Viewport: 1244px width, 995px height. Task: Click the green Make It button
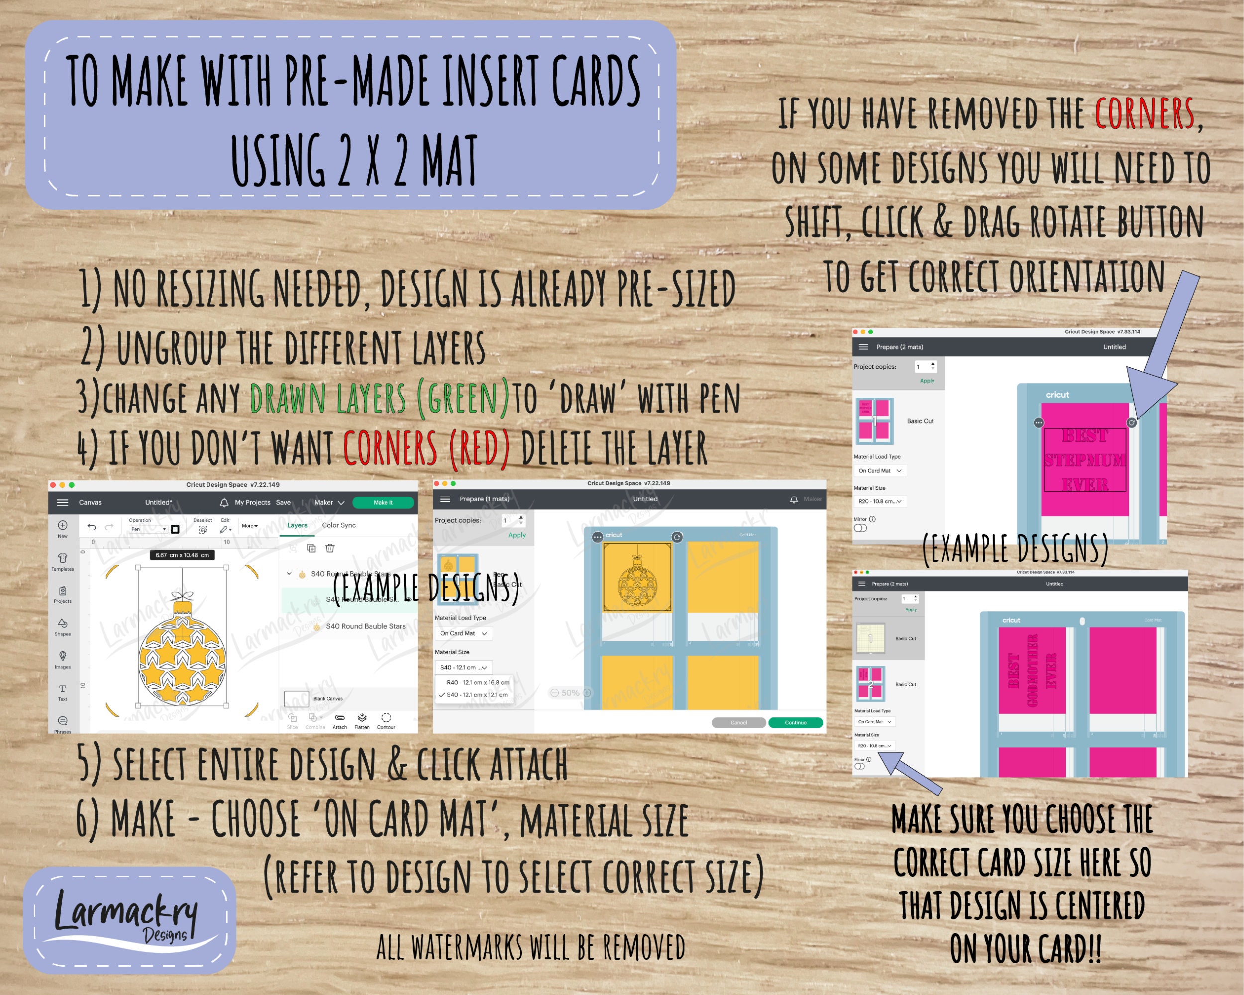(x=383, y=502)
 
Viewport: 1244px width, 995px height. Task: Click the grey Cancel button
(x=738, y=723)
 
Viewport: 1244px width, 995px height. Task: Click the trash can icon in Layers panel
(x=330, y=548)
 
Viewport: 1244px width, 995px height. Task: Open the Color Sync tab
(x=339, y=525)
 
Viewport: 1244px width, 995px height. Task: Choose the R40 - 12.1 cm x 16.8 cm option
(x=477, y=682)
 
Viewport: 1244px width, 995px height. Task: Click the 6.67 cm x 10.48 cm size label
(x=182, y=555)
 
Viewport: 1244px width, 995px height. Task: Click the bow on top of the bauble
(x=182, y=596)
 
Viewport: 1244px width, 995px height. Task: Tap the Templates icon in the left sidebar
(x=62, y=561)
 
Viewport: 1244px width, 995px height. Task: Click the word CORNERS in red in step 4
(x=390, y=448)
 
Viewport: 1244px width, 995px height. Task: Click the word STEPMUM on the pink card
(x=1085, y=460)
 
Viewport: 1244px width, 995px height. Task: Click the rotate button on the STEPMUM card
(x=1132, y=423)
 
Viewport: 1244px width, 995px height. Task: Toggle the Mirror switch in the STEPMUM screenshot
(x=860, y=528)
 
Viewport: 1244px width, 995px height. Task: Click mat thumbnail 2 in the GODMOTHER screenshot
(x=871, y=684)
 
